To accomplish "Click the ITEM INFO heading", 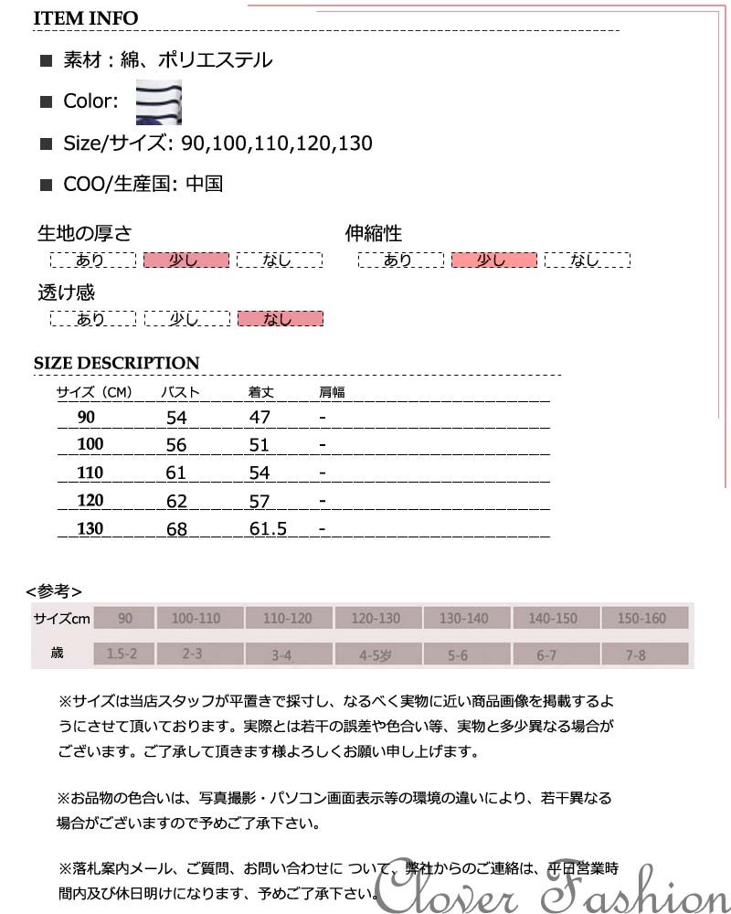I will click(86, 18).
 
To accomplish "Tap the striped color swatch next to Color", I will click(159, 101).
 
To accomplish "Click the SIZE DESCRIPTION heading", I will click(116, 363).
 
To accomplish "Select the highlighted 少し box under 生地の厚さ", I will click(185, 260).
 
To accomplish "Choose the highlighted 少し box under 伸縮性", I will click(493, 260).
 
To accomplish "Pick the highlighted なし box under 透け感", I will click(280, 319).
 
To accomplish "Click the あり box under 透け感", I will click(92, 319).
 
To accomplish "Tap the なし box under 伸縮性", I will click(587, 260).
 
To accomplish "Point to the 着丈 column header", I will click(261, 393).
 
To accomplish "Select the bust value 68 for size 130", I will click(176, 529).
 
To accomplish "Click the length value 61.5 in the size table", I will click(269, 529).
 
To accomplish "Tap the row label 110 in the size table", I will click(90, 473).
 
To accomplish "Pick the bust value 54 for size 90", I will click(176, 418).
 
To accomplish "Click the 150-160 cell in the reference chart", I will click(641, 619).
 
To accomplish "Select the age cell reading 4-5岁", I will click(376, 654).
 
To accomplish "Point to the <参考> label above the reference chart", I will click(54, 590).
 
